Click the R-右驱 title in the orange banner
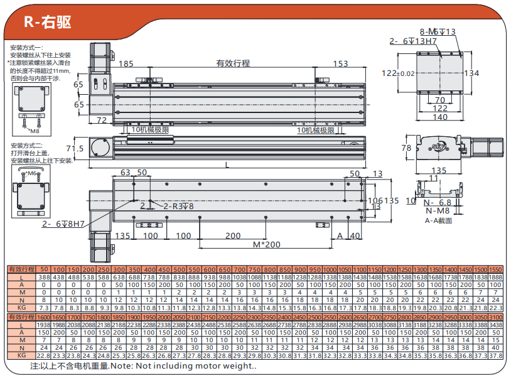(47, 22)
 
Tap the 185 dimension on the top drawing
(126, 63)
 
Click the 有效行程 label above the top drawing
(233, 63)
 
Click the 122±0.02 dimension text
(399, 73)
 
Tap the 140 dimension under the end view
(440, 117)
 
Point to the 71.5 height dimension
(74, 149)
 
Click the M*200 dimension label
(266, 244)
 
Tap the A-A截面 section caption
(438, 220)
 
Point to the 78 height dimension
(406, 148)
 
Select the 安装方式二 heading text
(24, 146)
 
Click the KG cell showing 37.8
(496, 355)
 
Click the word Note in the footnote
(123, 365)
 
